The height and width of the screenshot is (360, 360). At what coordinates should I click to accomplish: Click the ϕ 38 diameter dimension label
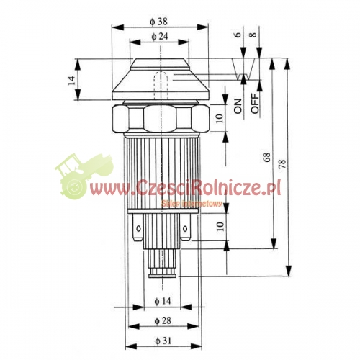[x=158, y=22]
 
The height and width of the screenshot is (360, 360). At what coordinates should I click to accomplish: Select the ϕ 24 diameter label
[x=160, y=36]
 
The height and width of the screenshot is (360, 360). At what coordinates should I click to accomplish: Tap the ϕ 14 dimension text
[x=163, y=301]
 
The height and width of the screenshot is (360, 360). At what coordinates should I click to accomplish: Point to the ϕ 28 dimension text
[x=163, y=320]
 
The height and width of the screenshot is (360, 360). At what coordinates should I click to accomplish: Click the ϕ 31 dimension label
[x=163, y=341]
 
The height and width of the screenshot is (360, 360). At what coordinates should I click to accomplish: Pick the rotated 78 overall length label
[x=283, y=164]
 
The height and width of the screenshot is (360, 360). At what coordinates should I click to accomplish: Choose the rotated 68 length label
[x=266, y=157]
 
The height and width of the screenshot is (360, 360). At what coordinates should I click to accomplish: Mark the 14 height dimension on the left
[x=71, y=80]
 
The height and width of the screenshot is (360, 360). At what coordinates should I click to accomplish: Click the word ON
[x=238, y=106]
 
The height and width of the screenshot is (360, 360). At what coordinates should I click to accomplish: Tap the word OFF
[x=256, y=103]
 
